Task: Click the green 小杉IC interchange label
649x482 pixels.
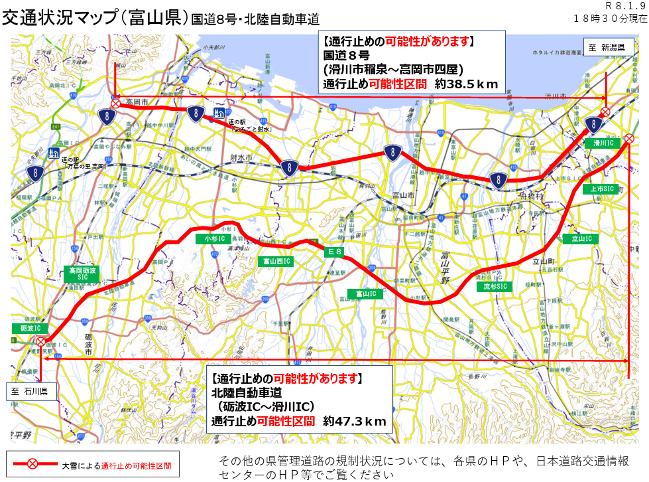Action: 215,238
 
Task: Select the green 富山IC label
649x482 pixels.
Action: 365,293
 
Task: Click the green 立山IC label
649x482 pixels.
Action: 581,238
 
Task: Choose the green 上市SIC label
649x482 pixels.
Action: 603,189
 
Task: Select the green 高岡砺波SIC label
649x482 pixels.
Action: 82,274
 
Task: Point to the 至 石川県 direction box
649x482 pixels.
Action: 29,391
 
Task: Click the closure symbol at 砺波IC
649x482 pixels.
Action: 41,341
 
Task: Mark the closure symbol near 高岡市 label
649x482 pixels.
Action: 115,104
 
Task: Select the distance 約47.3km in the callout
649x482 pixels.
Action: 354,421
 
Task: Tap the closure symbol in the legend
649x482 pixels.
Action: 32,465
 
